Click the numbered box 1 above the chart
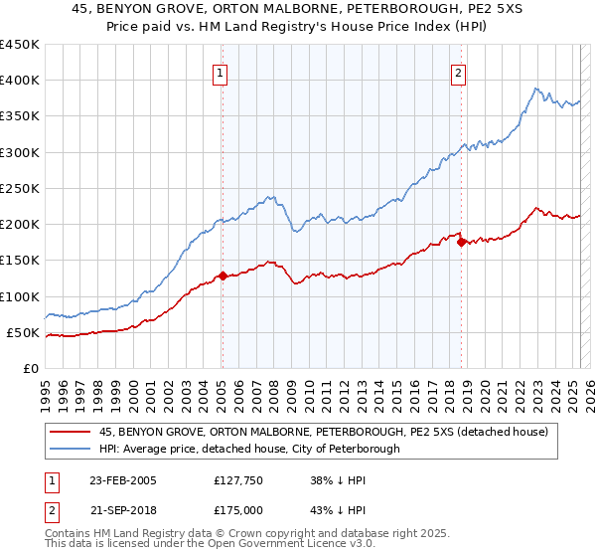[x=220, y=72]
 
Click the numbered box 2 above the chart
[x=458, y=72]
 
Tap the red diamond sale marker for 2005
[x=223, y=276]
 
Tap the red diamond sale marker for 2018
[x=462, y=242]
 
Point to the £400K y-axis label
[x=20, y=81]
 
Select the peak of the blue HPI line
[x=534, y=89]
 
